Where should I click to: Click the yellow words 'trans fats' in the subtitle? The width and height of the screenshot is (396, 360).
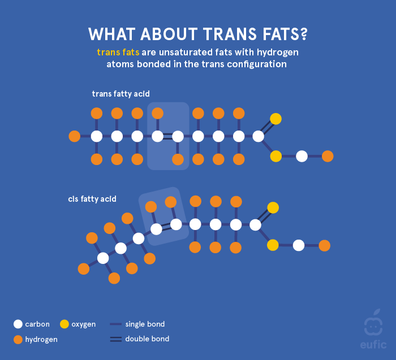[118, 52]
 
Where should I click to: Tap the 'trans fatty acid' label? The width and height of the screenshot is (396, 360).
[120, 94]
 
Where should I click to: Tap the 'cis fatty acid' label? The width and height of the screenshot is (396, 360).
[92, 199]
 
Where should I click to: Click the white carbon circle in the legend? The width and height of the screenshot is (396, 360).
[18, 324]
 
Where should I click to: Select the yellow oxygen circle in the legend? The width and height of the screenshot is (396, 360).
[64, 324]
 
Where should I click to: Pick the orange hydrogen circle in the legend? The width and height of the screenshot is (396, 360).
[18, 340]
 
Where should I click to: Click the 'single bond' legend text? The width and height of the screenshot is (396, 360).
[145, 324]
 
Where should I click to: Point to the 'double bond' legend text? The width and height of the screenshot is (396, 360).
[147, 339]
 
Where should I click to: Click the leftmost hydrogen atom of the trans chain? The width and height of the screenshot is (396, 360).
[74, 136]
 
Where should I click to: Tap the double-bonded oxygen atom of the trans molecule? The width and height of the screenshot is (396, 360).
[276, 119]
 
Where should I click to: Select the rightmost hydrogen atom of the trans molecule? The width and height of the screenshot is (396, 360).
[328, 156]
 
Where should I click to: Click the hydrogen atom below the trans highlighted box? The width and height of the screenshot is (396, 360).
[178, 159]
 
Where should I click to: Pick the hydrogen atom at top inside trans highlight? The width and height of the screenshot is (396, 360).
[158, 113]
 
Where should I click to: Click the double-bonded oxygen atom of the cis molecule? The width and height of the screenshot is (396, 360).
[273, 207]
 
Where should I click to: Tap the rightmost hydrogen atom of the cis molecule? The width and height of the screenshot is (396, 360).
[324, 245]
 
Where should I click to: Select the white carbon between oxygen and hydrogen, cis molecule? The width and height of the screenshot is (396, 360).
[299, 245]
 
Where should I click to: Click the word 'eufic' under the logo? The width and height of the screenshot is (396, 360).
[373, 344]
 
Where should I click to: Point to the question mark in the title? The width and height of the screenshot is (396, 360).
[303, 34]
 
